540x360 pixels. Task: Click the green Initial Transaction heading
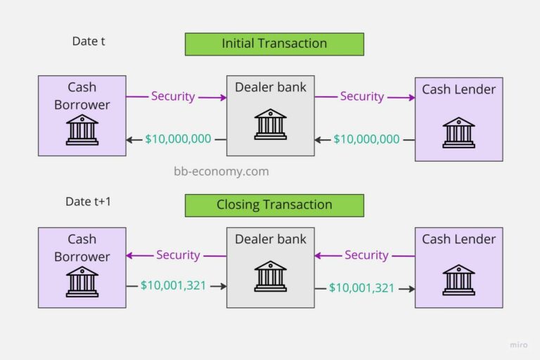click(x=274, y=44)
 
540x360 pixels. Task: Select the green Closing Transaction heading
click(x=274, y=205)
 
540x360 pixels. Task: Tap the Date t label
click(x=89, y=41)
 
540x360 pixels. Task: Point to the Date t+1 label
click(x=89, y=202)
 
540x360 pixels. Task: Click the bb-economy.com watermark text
click(x=221, y=171)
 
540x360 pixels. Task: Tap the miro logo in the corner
click(x=518, y=345)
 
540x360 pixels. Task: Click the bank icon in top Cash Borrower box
click(x=82, y=130)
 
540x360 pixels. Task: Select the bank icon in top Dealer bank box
click(x=271, y=124)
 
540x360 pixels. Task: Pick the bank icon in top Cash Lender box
click(x=458, y=132)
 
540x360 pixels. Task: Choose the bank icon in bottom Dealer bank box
click(x=271, y=276)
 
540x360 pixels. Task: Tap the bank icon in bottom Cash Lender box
click(x=458, y=279)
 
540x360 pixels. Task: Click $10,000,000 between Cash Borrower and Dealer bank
click(x=178, y=139)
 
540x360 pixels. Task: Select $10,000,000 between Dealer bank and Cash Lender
click(x=366, y=139)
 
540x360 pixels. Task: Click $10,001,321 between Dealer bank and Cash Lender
click(x=362, y=287)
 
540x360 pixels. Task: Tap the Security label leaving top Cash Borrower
click(x=173, y=96)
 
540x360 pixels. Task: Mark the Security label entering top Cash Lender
click(x=362, y=96)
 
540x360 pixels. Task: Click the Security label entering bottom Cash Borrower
click(x=178, y=255)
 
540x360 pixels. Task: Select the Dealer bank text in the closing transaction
click(x=271, y=239)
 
